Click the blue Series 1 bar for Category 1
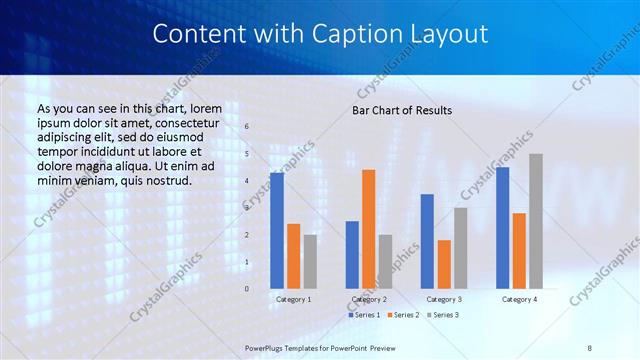click(x=277, y=231)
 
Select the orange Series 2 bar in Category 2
click(x=369, y=229)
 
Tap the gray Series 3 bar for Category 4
click(x=536, y=221)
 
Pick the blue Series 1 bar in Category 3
click(x=428, y=241)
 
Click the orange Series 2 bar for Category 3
click(x=444, y=264)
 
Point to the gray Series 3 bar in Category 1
click(x=310, y=261)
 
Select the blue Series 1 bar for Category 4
click(x=503, y=228)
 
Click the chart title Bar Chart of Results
click(x=402, y=110)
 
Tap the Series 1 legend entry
click(x=364, y=315)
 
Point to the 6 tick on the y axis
click(x=248, y=127)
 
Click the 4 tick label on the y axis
click(x=248, y=181)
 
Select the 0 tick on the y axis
click(x=248, y=289)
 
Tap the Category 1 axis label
click(x=293, y=299)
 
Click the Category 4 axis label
click(x=519, y=299)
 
